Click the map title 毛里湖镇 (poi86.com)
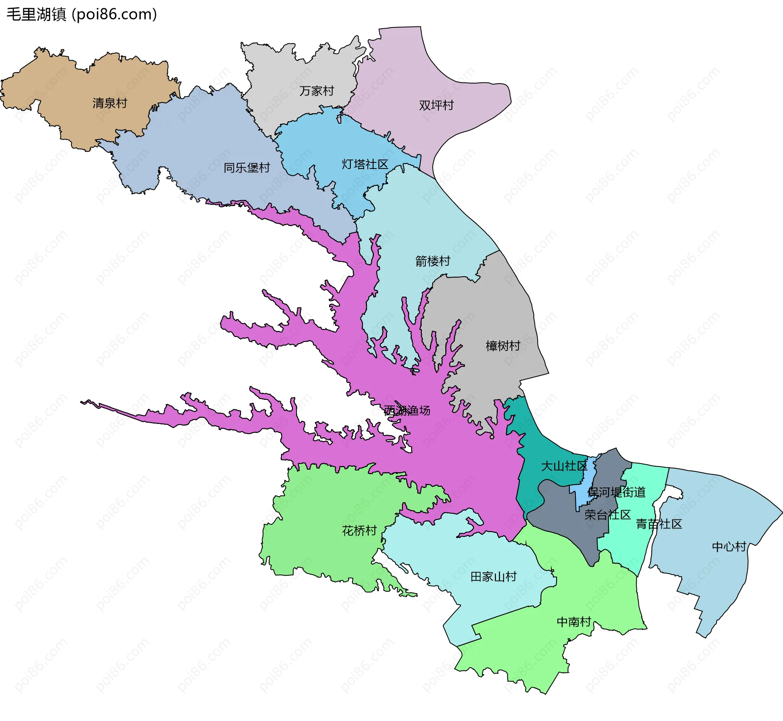point(82,14)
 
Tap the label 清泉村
point(110,103)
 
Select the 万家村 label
point(316,91)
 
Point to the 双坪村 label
point(436,105)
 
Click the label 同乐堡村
point(247,167)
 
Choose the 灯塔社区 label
point(365,164)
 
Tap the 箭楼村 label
point(433,261)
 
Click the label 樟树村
point(503,346)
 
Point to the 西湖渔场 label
point(407,410)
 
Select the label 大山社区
point(564,466)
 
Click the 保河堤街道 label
point(617,492)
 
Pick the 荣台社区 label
point(607,515)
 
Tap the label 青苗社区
point(659,524)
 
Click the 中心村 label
point(729,546)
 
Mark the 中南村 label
point(574,622)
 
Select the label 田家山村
point(493,577)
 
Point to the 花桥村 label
point(359,530)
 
